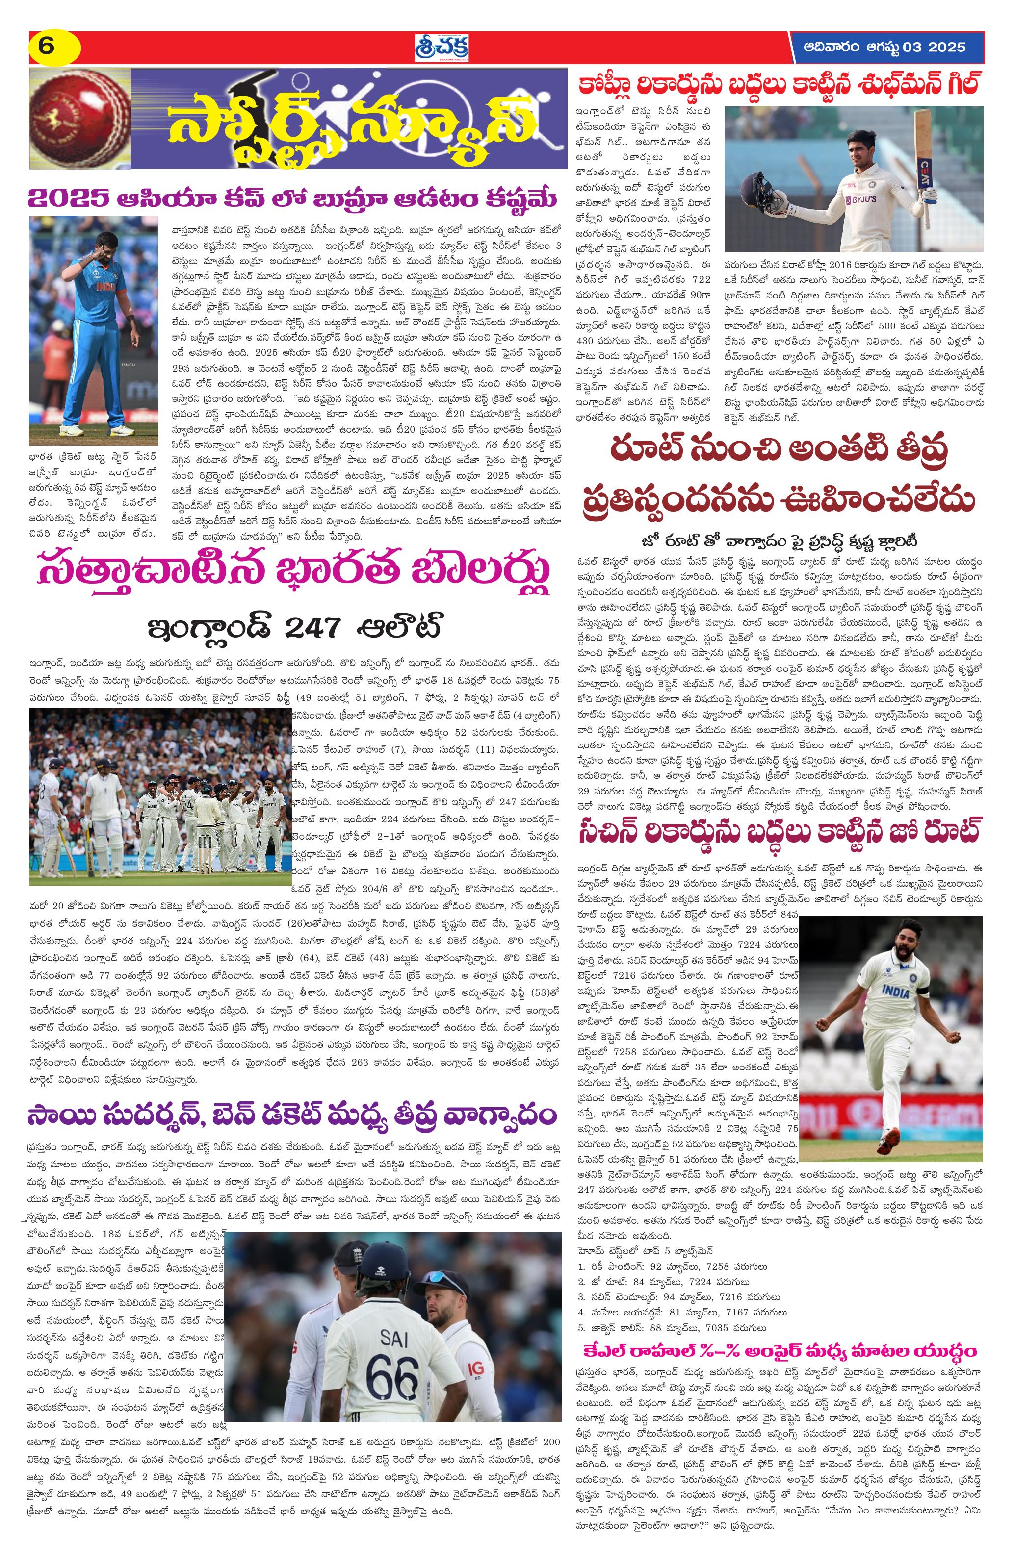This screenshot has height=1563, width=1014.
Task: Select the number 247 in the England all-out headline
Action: coord(309,628)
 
